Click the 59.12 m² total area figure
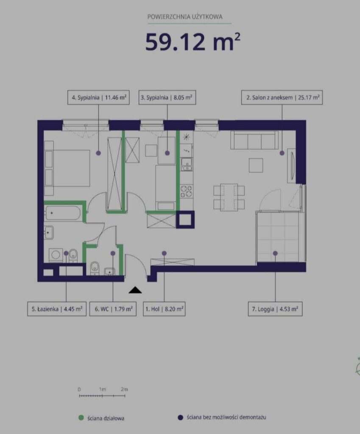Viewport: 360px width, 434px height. click(x=193, y=42)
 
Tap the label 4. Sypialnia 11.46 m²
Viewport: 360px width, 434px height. click(x=98, y=97)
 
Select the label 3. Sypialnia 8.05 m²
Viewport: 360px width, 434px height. click(x=167, y=97)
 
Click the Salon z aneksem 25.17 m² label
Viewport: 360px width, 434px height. click(x=282, y=97)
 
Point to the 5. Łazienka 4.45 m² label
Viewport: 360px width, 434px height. click(x=57, y=309)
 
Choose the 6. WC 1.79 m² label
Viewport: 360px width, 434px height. click(x=113, y=309)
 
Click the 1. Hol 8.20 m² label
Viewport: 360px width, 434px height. click(x=164, y=309)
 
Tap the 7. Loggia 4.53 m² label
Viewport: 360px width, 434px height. click(x=275, y=309)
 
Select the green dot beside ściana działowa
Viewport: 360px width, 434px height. click(x=81, y=417)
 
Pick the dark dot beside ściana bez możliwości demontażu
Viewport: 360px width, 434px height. click(x=181, y=417)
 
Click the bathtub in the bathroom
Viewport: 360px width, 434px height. click(x=63, y=213)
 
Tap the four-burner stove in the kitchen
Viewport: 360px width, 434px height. click(x=187, y=191)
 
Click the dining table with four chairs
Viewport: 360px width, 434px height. click(x=229, y=198)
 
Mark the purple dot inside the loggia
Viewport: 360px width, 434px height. click(x=275, y=253)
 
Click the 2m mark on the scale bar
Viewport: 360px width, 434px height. click(x=124, y=389)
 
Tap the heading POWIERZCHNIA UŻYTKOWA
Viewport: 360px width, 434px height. click(x=185, y=17)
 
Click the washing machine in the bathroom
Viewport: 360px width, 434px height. click(x=56, y=255)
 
